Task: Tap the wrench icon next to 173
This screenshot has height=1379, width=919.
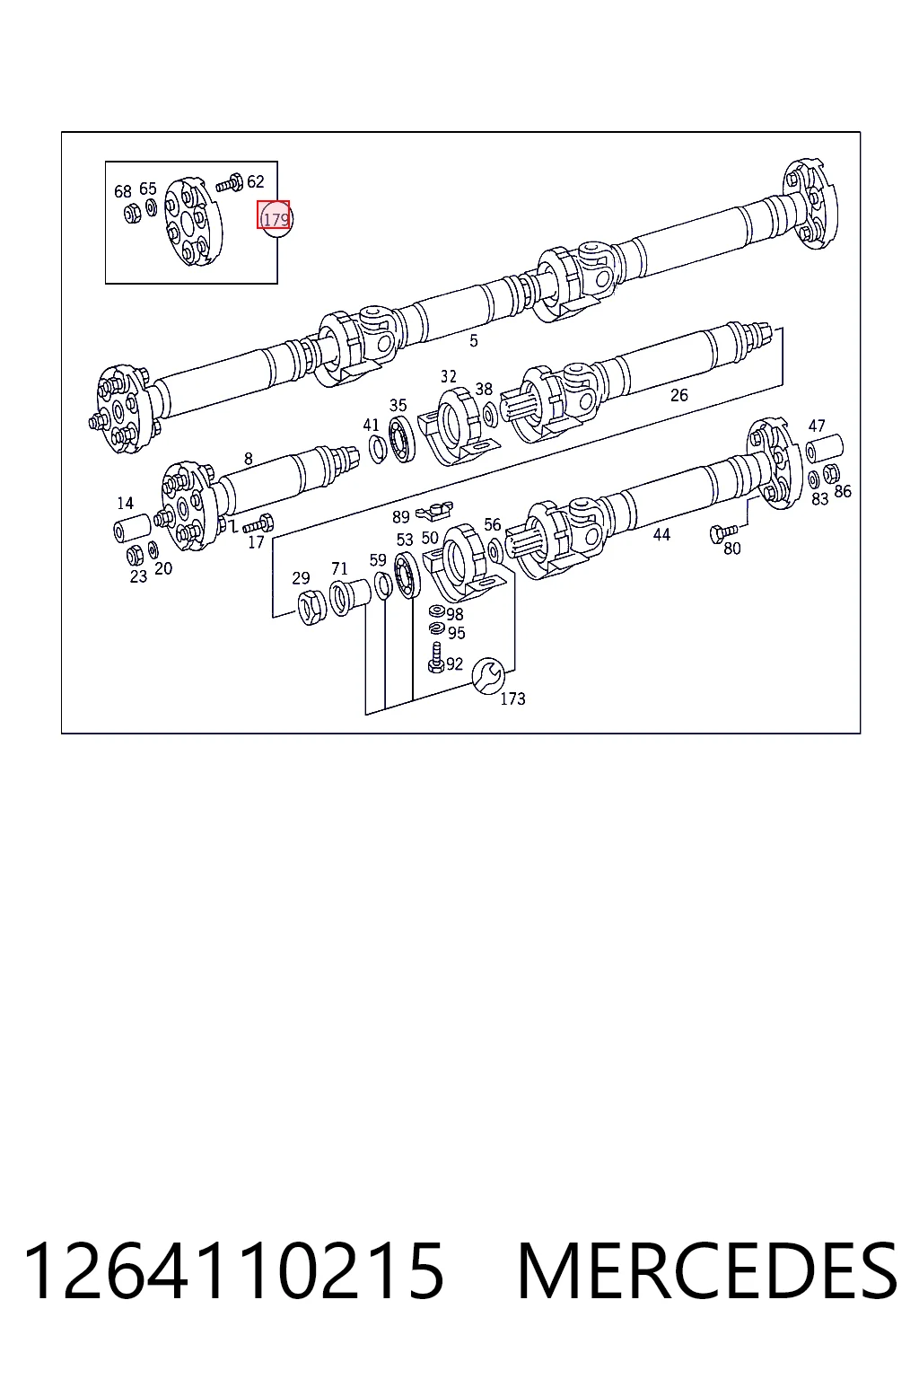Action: coord(488,675)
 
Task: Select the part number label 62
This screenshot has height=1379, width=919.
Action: coord(256,181)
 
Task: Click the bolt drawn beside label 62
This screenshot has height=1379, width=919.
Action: coord(228,183)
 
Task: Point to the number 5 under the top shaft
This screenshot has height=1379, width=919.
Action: coord(473,340)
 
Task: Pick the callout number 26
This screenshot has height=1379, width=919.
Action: coord(679,395)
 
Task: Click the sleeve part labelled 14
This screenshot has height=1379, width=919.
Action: coord(132,528)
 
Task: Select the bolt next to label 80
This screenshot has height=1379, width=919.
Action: coord(723,531)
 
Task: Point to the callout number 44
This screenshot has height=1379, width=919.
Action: coord(661,534)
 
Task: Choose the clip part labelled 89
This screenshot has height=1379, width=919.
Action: coord(434,510)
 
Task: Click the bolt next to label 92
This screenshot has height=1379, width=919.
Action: coord(436,657)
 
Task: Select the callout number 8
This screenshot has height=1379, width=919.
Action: coord(248,459)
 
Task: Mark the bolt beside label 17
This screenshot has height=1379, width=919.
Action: coord(258,524)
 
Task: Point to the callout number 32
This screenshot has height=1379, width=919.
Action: coord(449,376)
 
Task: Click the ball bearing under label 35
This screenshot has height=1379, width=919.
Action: coord(402,439)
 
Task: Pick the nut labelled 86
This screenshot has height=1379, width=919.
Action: coord(831,473)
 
